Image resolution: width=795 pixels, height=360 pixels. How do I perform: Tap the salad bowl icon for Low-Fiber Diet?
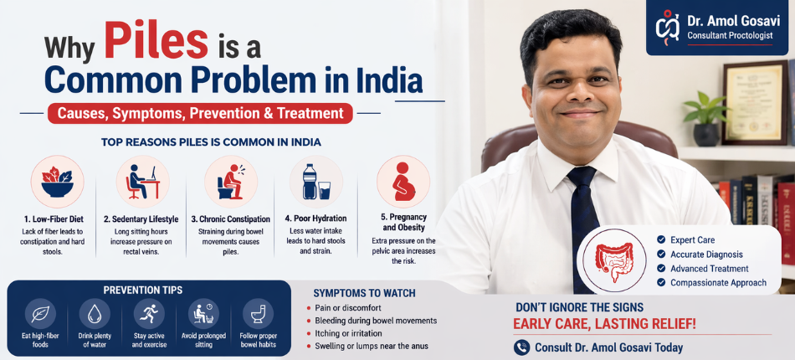[58, 181]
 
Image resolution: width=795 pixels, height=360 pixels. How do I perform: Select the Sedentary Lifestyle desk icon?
[142, 181]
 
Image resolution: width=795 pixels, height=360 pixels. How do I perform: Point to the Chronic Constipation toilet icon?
[230, 181]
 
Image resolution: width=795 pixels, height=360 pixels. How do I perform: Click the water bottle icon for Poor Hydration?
[310, 181]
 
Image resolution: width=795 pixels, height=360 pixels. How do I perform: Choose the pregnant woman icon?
[403, 182]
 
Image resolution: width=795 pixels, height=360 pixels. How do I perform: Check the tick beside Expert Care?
[661, 240]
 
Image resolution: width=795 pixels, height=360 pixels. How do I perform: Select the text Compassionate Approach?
[718, 283]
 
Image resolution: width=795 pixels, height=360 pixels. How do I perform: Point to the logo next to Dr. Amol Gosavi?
[667, 28]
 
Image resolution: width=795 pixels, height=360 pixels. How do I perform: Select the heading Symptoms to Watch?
[364, 293]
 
